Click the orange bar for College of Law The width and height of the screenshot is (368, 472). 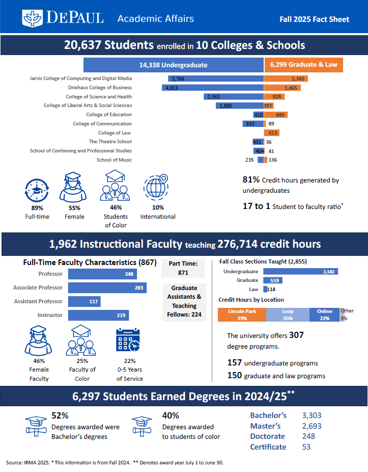271,133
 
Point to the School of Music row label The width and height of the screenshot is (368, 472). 114,160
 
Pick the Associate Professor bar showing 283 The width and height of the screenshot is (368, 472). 107,288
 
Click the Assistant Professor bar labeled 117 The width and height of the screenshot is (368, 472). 84,302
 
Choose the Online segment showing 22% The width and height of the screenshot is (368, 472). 324,315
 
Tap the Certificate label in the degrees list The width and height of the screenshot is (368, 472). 268,447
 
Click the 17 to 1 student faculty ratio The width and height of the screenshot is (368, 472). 257,206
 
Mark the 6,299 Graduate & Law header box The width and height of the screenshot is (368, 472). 304,65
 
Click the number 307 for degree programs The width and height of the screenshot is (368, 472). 296,335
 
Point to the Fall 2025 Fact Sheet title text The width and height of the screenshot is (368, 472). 314,19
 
